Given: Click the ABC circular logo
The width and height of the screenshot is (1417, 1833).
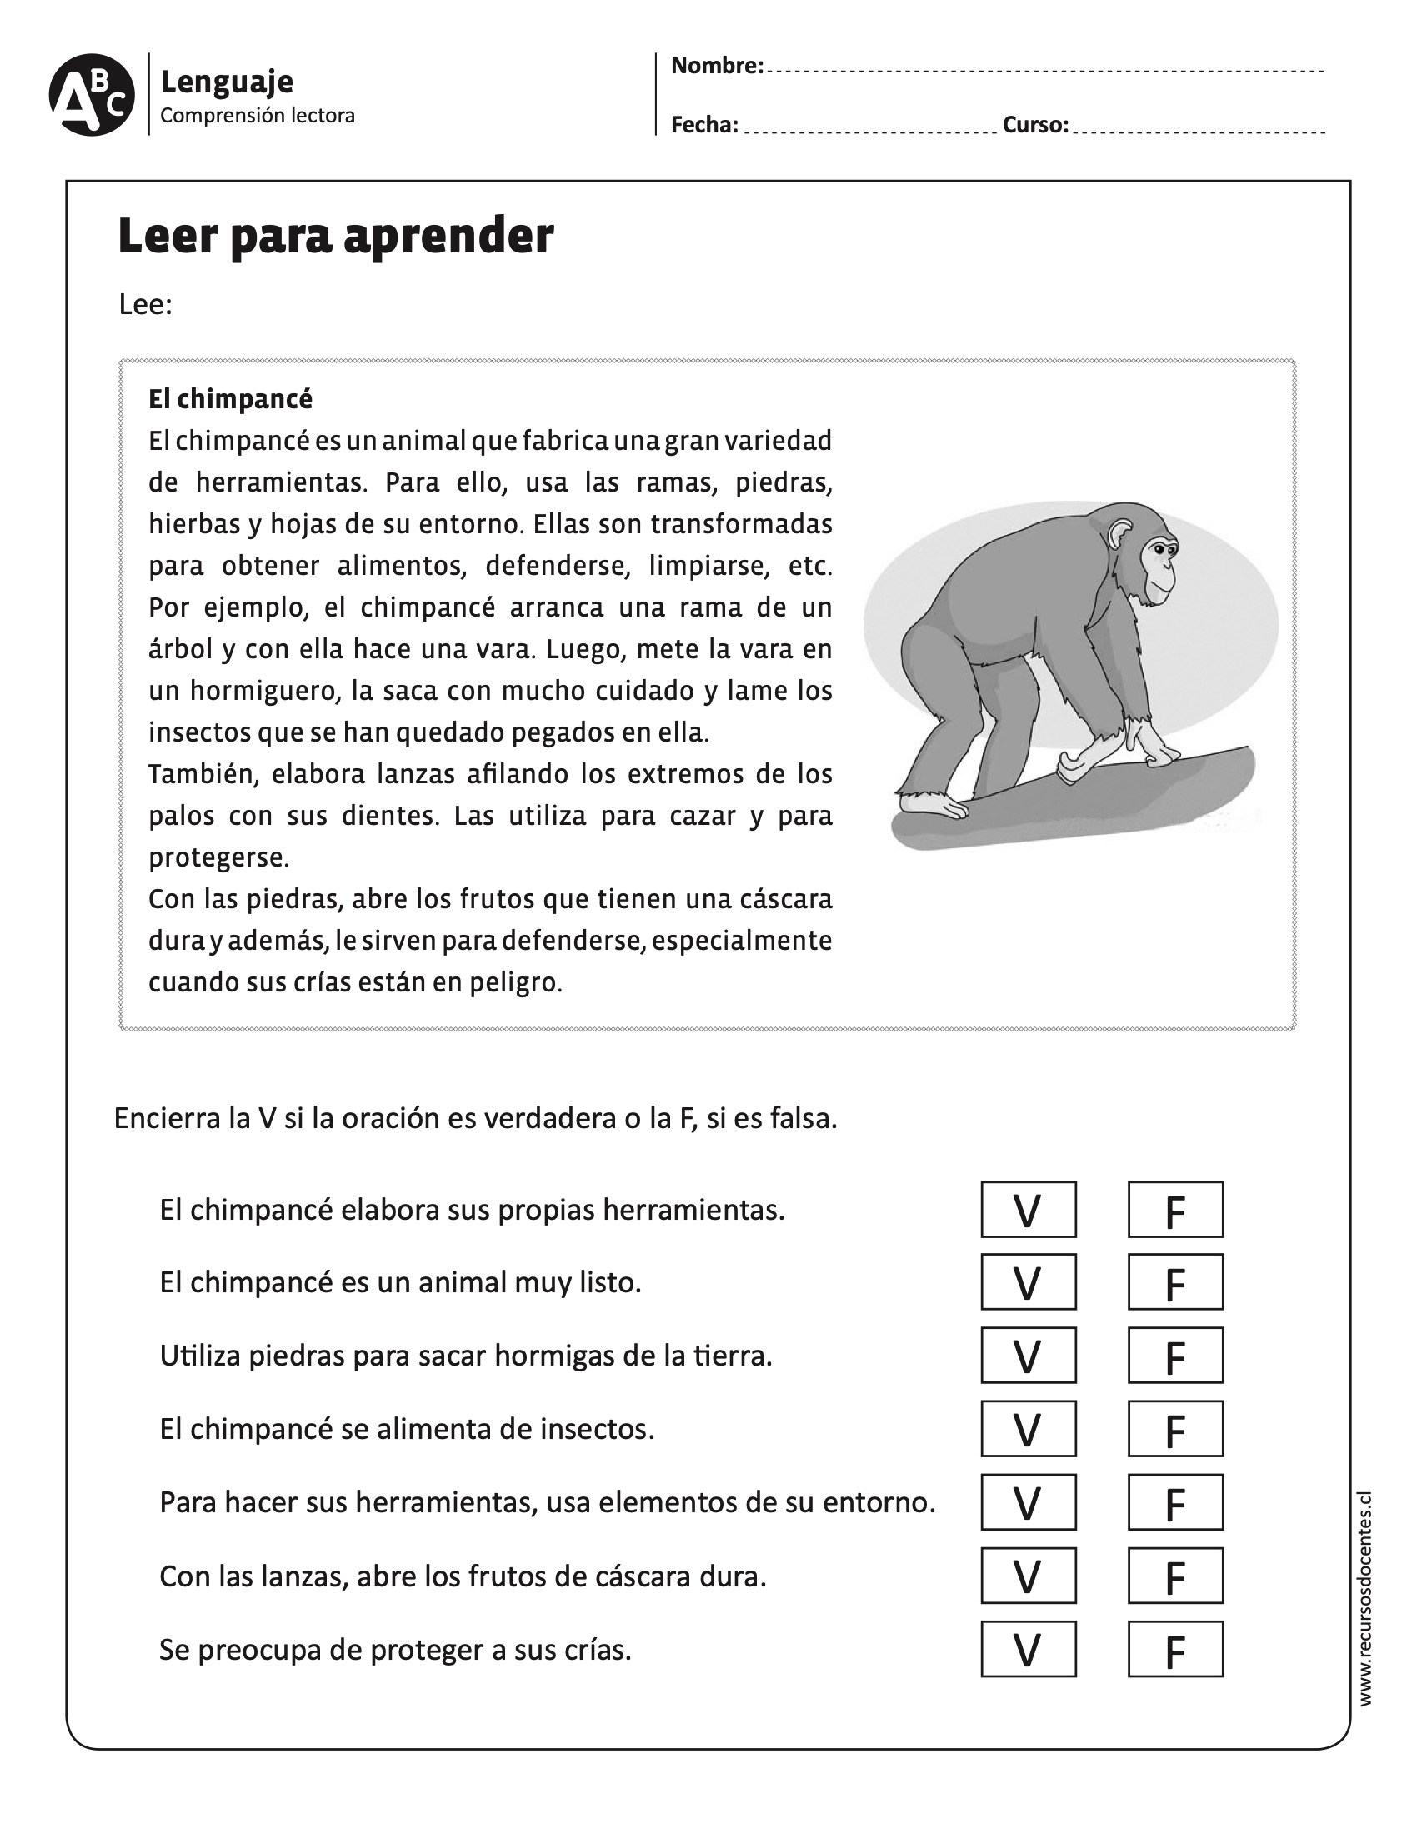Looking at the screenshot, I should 92,95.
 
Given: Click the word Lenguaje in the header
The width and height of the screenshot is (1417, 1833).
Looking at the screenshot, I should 227,82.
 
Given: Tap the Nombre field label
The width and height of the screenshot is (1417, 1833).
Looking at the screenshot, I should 716,66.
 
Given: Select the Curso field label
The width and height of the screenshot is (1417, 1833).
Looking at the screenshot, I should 1035,125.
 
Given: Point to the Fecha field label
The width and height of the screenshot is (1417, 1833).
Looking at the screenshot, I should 703,125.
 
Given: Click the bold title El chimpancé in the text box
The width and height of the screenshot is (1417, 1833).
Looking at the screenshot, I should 230,398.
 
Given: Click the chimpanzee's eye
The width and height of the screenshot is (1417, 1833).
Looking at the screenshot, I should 1159,550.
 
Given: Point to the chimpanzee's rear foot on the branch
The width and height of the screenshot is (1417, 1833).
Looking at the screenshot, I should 932,805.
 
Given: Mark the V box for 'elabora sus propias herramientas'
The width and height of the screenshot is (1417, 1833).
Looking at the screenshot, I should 1028,1210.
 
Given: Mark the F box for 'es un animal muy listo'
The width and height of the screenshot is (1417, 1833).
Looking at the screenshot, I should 1174,1281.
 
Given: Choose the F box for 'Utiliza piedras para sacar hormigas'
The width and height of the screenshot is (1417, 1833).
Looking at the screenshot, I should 1174,1355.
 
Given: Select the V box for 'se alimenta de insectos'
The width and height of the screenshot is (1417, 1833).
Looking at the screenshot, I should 1028,1428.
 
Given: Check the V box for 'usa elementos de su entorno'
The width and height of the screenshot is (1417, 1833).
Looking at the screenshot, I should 1028,1501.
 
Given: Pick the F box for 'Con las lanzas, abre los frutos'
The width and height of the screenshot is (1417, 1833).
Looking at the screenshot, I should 1174,1576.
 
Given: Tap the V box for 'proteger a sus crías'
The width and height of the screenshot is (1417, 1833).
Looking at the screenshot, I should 1028,1649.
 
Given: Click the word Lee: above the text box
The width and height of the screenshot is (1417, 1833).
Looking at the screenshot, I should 145,304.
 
